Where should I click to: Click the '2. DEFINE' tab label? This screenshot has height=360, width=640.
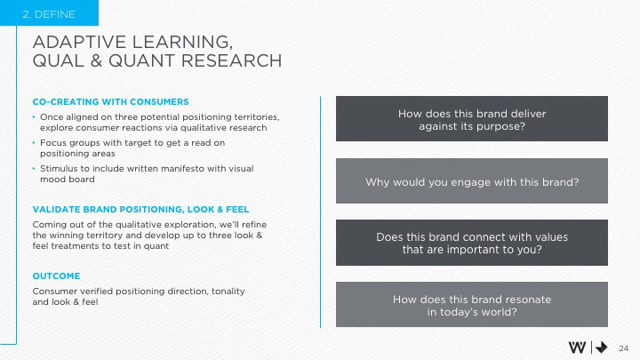[49, 14]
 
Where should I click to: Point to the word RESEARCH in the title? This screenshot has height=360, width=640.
[231, 60]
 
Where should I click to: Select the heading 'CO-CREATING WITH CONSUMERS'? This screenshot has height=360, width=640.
[110, 101]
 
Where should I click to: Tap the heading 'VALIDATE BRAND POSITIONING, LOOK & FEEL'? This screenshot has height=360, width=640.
[140, 210]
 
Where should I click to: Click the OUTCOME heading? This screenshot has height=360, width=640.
[56, 276]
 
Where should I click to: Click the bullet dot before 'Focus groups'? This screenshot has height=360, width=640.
[34, 143]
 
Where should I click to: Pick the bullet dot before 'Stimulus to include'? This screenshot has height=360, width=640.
[34, 169]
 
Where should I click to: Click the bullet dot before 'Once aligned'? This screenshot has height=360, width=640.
[34, 117]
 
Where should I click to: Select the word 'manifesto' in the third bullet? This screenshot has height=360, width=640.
[185, 169]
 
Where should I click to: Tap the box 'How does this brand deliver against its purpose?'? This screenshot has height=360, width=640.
[472, 119]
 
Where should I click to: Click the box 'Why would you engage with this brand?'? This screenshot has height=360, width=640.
[472, 180]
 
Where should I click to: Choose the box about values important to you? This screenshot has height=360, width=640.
[472, 243]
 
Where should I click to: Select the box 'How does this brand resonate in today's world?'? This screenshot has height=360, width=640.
[472, 305]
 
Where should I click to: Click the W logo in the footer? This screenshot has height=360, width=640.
[577, 348]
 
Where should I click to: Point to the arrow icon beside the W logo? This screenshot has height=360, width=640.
[601, 348]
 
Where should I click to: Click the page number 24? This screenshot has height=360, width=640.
[623, 348]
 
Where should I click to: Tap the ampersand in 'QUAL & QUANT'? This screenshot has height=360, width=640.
[96, 60]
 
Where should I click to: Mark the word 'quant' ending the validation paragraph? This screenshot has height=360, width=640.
[156, 246]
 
